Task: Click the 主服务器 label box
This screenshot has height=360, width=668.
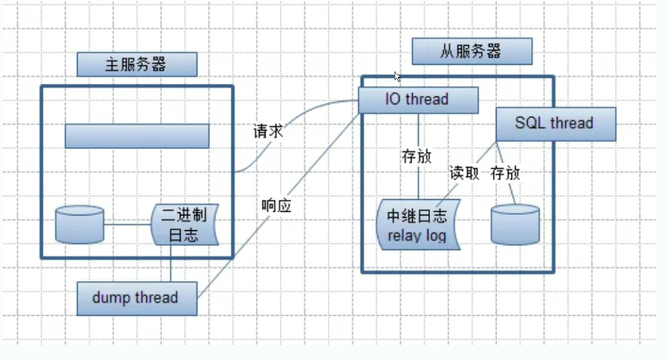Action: coord(136,64)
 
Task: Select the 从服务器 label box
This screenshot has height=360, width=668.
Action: coord(470,51)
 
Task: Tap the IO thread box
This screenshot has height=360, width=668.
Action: coord(419,100)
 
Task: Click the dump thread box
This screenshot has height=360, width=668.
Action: coord(137,298)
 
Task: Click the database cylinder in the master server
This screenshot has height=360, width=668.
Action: coord(80,224)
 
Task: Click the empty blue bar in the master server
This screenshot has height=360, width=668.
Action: coord(137,136)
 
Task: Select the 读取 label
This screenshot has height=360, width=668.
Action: coord(464,171)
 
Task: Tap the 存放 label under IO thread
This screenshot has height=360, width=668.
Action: coord(416,157)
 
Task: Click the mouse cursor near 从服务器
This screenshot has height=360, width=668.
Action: coord(397,77)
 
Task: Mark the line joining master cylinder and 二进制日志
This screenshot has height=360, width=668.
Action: coord(128,225)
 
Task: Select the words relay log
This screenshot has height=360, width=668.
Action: coord(416,235)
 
